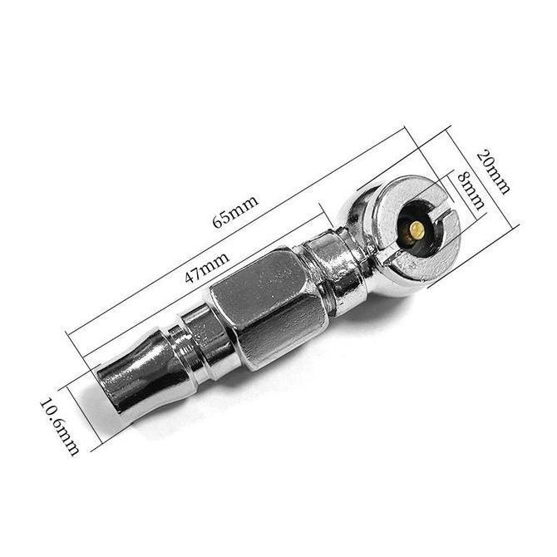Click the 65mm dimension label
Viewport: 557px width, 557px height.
click(235, 211)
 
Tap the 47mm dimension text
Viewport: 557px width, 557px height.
click(207, 268)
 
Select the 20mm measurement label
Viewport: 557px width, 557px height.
click(493, 171)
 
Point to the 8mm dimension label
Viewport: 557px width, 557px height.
click(471, 190)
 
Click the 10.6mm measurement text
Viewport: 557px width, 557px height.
click(59, 427)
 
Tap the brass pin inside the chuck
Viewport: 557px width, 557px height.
click(417, 230)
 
